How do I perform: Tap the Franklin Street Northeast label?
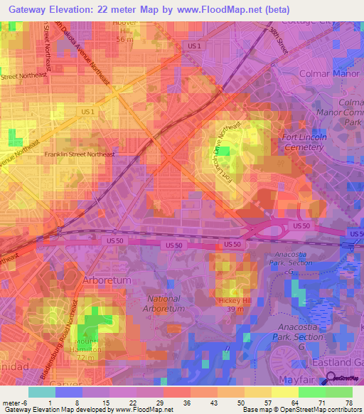point(80,154)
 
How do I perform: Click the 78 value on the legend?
point(348,403)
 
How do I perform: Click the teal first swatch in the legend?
point(42,392)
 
